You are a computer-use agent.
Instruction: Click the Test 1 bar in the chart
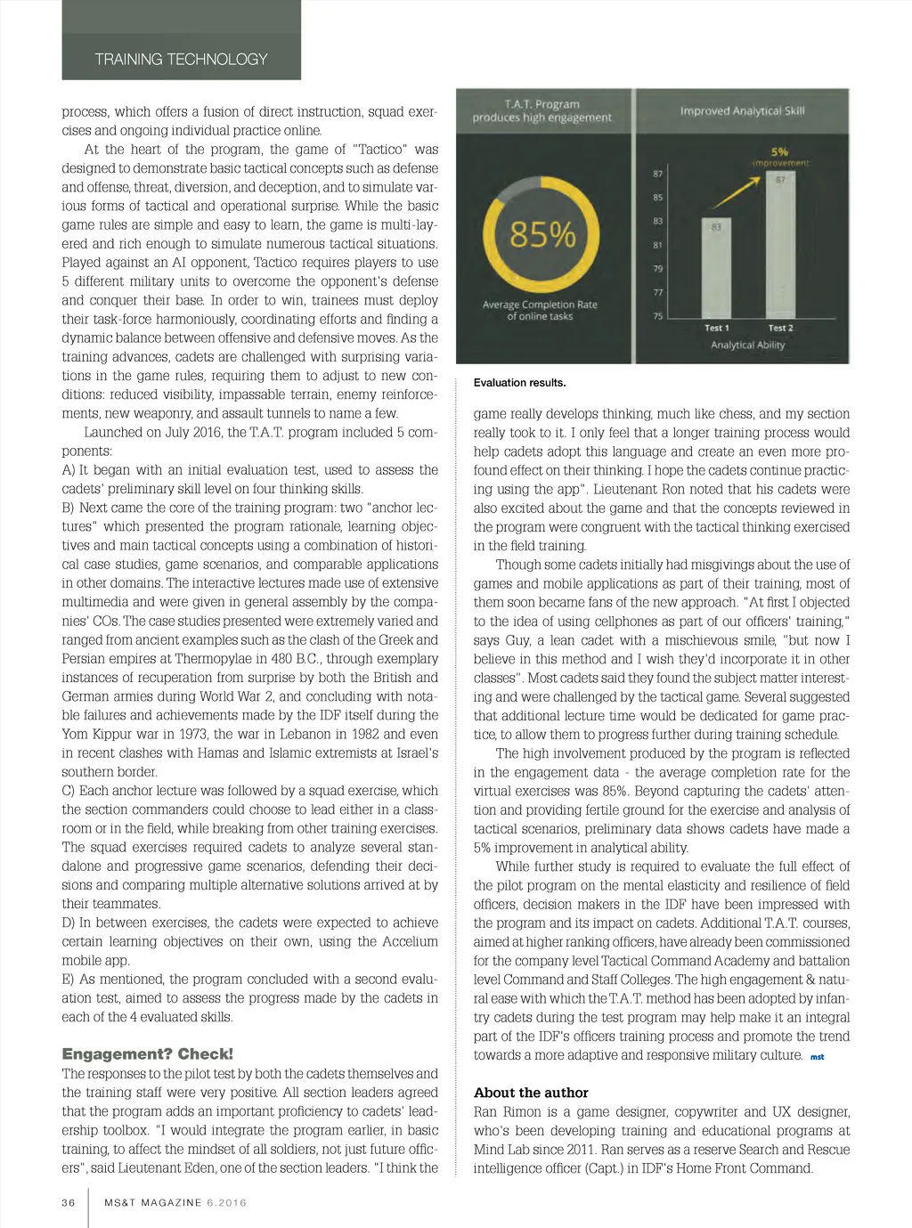click(716, 272)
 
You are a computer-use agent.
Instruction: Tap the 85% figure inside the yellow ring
click(541, 235)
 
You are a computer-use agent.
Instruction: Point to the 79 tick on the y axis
click(658, 268)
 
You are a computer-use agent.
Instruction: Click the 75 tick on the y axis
click(658, 316)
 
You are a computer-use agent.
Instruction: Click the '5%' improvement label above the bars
click(779, 152)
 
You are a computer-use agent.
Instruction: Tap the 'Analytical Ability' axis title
click(747, 346)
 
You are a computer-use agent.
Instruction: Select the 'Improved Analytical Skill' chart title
click(742, 111)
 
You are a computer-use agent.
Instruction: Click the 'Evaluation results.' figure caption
click(519, 383)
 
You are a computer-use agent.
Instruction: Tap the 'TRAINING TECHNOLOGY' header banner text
click(181, 60)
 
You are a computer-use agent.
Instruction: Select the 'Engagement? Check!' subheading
click(147, 1053)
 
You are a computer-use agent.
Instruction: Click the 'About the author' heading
click(531, 1093)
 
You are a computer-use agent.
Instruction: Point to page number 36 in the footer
click(69, 1202)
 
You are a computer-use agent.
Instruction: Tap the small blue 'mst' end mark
click(817, 1057)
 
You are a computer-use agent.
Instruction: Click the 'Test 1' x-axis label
click(716, 328)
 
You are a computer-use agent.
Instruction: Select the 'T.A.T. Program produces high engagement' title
click(541, 110)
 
